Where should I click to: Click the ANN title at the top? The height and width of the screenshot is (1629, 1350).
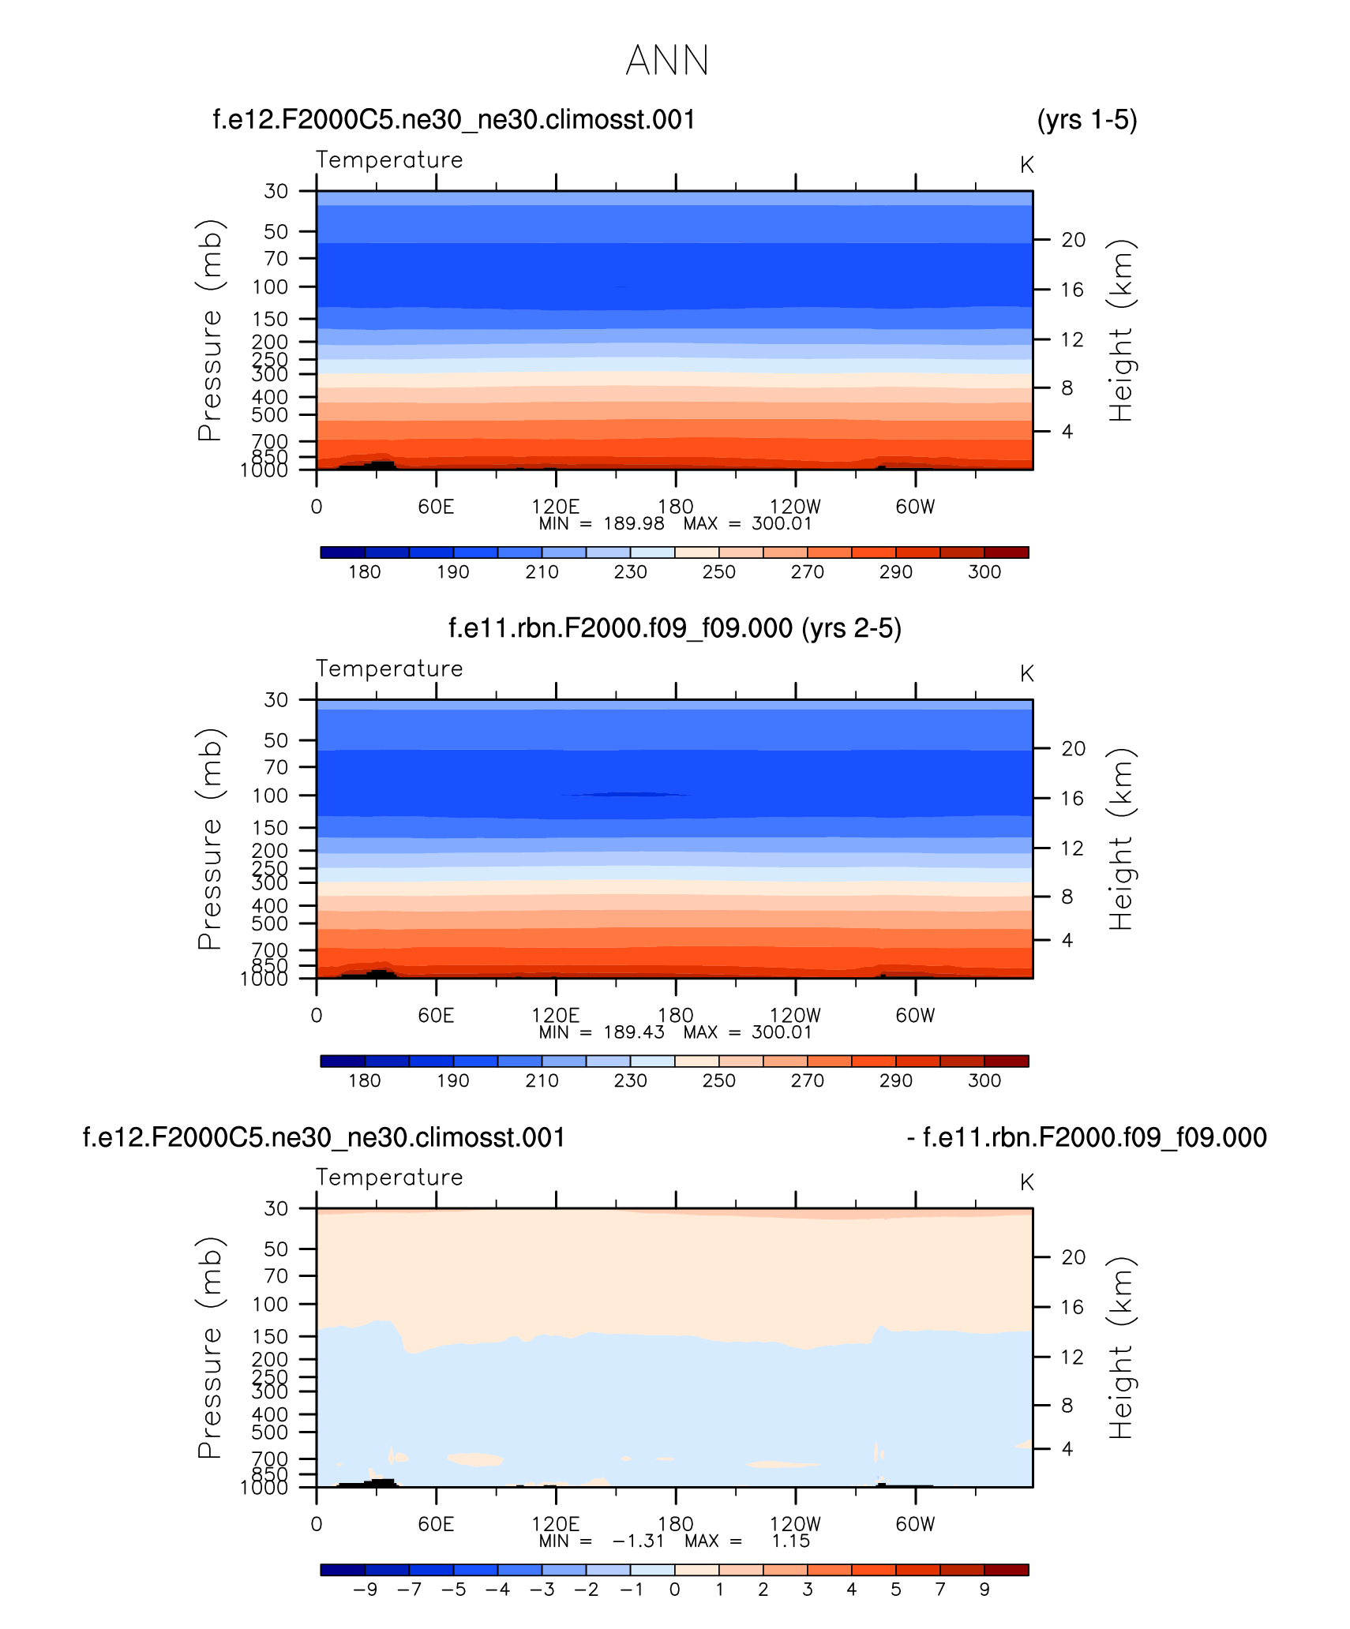click(667, 61)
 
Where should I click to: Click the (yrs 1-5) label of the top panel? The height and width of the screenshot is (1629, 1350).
click(1087, 120)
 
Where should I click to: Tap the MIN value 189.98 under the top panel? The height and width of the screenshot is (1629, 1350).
click(634, 523)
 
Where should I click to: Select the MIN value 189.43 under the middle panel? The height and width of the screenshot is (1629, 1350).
click(634, 1032)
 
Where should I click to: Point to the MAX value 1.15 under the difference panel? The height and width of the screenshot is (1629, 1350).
click(791, 1541)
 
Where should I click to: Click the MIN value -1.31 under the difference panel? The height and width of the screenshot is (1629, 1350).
click(639, 1541)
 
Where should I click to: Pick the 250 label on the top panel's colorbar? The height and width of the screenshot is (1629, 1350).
click(718, 572)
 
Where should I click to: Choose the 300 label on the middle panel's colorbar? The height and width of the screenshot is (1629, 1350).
click(984, 1081)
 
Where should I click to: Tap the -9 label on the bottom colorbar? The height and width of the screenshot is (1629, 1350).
click(365, 1590)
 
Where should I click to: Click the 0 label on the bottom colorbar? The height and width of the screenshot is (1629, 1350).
click(675, 1590)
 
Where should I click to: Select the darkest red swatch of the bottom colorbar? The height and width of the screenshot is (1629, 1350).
click(1007, 1570)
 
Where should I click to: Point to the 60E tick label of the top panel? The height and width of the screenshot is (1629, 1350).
click(436, 507)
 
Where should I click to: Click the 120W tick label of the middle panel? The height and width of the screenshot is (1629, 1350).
click(795, 1016)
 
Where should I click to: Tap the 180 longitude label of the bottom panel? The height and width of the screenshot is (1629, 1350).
click(675, 1524)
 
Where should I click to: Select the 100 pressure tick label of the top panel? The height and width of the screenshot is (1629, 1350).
click(270, 287)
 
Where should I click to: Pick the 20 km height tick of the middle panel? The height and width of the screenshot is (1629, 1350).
click(1073, 748)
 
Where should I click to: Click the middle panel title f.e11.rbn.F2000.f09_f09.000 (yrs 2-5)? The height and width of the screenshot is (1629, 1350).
click(675, 628)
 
